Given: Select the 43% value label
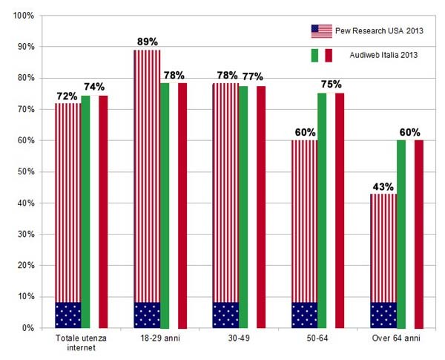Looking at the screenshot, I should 383,186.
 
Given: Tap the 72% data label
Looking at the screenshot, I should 68,96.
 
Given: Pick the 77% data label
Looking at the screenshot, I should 251,77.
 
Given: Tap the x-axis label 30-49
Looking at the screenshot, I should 238,338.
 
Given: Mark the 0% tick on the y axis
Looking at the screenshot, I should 28,327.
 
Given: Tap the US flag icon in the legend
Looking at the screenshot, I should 321,31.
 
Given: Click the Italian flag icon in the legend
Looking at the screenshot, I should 321,55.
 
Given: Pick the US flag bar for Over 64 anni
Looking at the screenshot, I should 383,260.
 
